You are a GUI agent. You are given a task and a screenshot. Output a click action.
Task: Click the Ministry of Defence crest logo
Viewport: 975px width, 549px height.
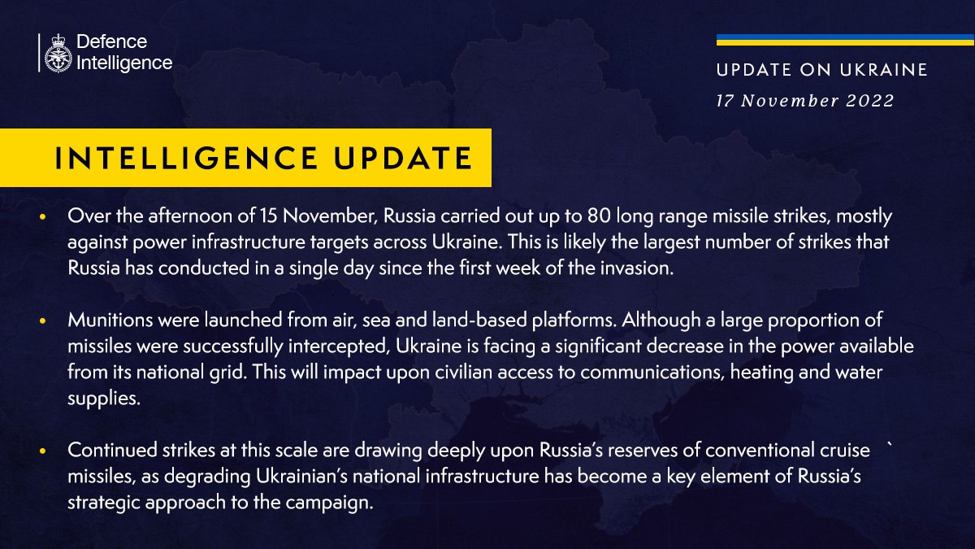coord(58,54)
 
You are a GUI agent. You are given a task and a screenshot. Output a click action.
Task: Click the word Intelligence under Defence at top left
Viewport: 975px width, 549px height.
coord(123,63)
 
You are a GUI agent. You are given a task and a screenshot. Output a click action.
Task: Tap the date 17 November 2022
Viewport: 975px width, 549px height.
coord(804,101)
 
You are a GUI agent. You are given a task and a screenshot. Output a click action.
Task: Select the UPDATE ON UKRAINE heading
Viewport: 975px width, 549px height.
coord(821,71)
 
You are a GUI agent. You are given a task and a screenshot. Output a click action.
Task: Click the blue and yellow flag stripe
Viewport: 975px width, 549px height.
coord(845,40)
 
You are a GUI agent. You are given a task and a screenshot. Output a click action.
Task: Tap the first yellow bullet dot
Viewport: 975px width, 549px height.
coord(42,218)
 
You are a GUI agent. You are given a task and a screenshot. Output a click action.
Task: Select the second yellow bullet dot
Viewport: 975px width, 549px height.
coord(42,322)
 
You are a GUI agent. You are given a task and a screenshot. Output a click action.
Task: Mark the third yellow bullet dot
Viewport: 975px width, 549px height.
coord(42,451)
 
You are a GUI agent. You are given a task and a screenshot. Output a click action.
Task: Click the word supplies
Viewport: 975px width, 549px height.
coord(99,399)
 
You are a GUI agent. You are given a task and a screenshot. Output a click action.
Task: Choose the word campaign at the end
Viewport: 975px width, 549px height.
coord(335,502)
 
